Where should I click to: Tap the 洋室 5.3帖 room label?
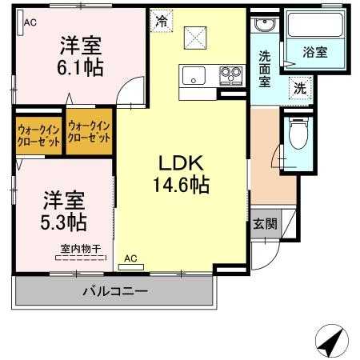(65, 208)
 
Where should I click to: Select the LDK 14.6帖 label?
(182, 173)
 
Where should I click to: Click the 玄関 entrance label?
(266, 224)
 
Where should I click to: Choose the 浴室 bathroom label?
(314, 52)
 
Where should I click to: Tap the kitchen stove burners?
(231, 77)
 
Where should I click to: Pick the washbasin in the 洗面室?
(263, 26)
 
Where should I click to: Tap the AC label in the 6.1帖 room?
(30, 22)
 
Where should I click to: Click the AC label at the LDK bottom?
(130, 258)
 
